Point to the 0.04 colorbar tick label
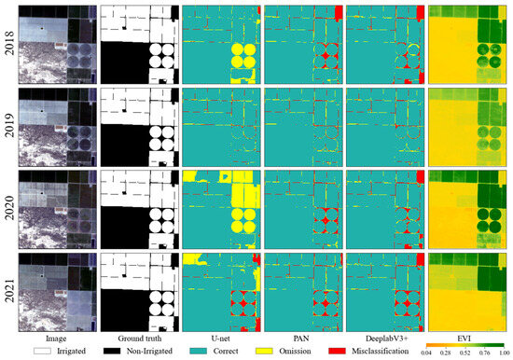click(x=430, y=355)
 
